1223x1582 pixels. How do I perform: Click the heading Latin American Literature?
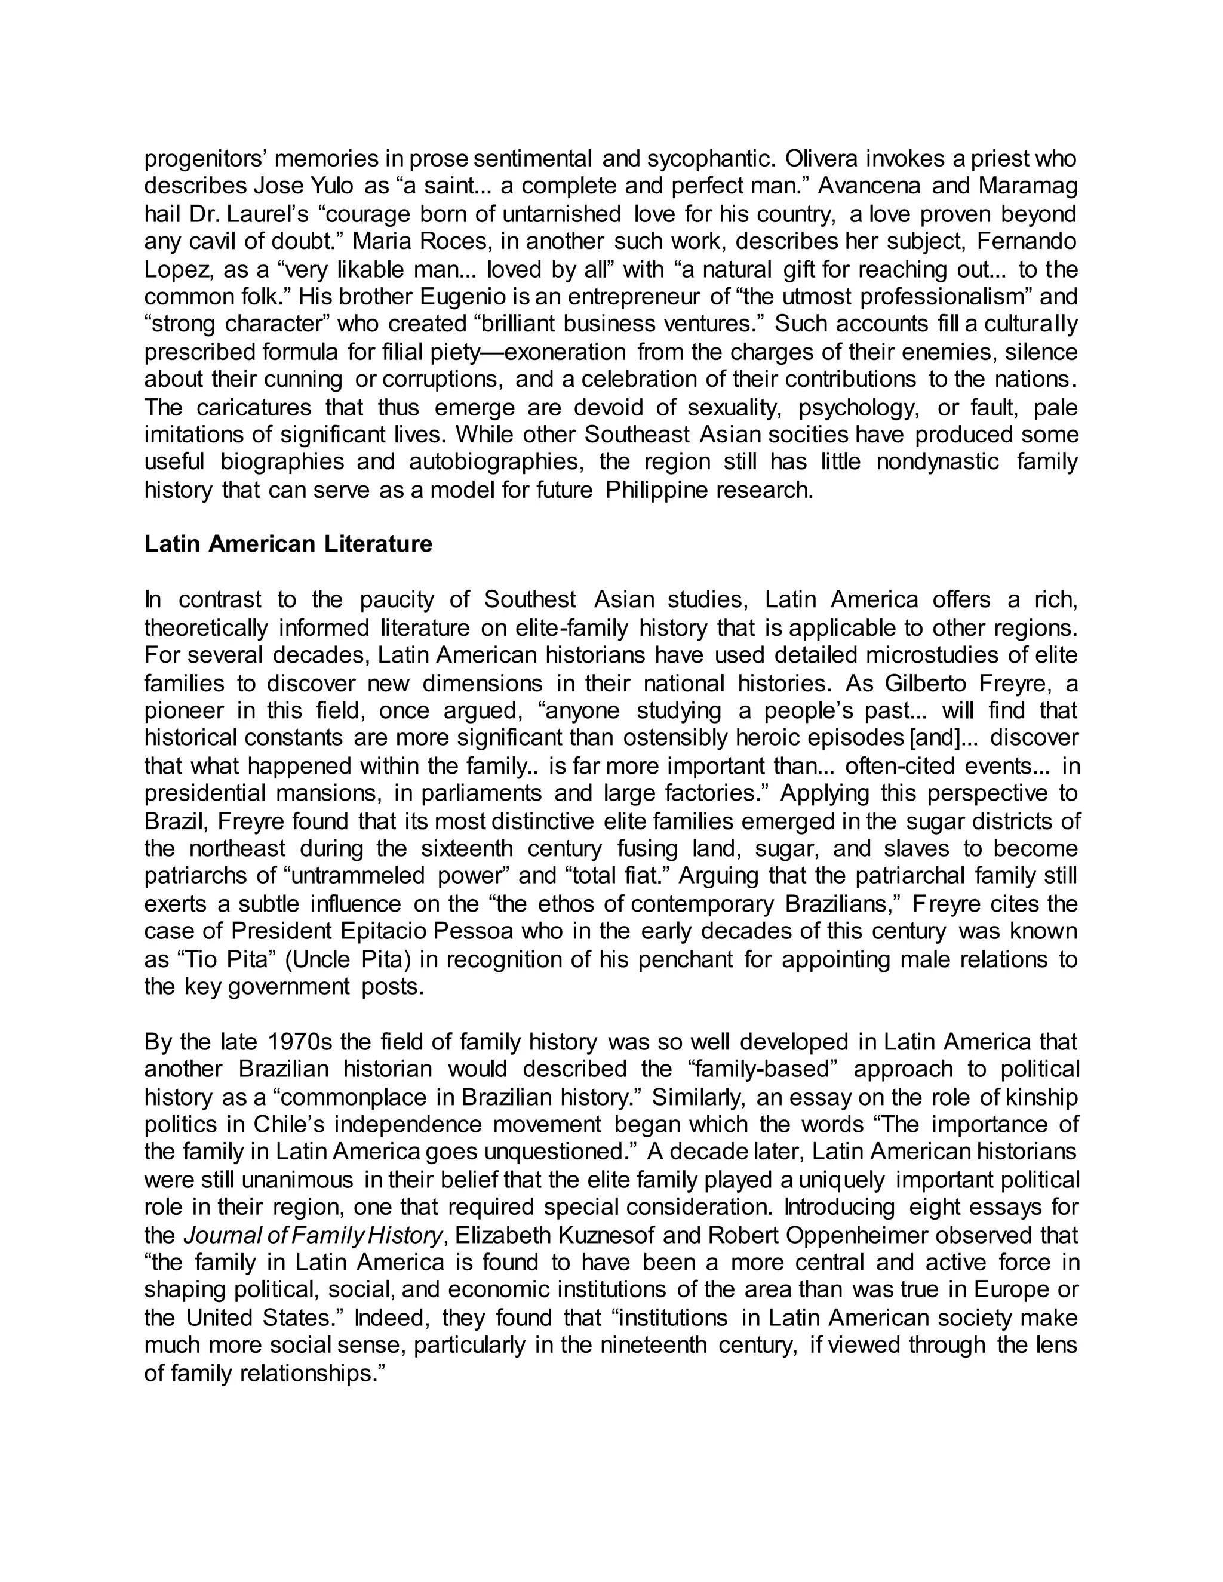(288, 544)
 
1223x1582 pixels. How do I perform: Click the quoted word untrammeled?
(357, 876)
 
